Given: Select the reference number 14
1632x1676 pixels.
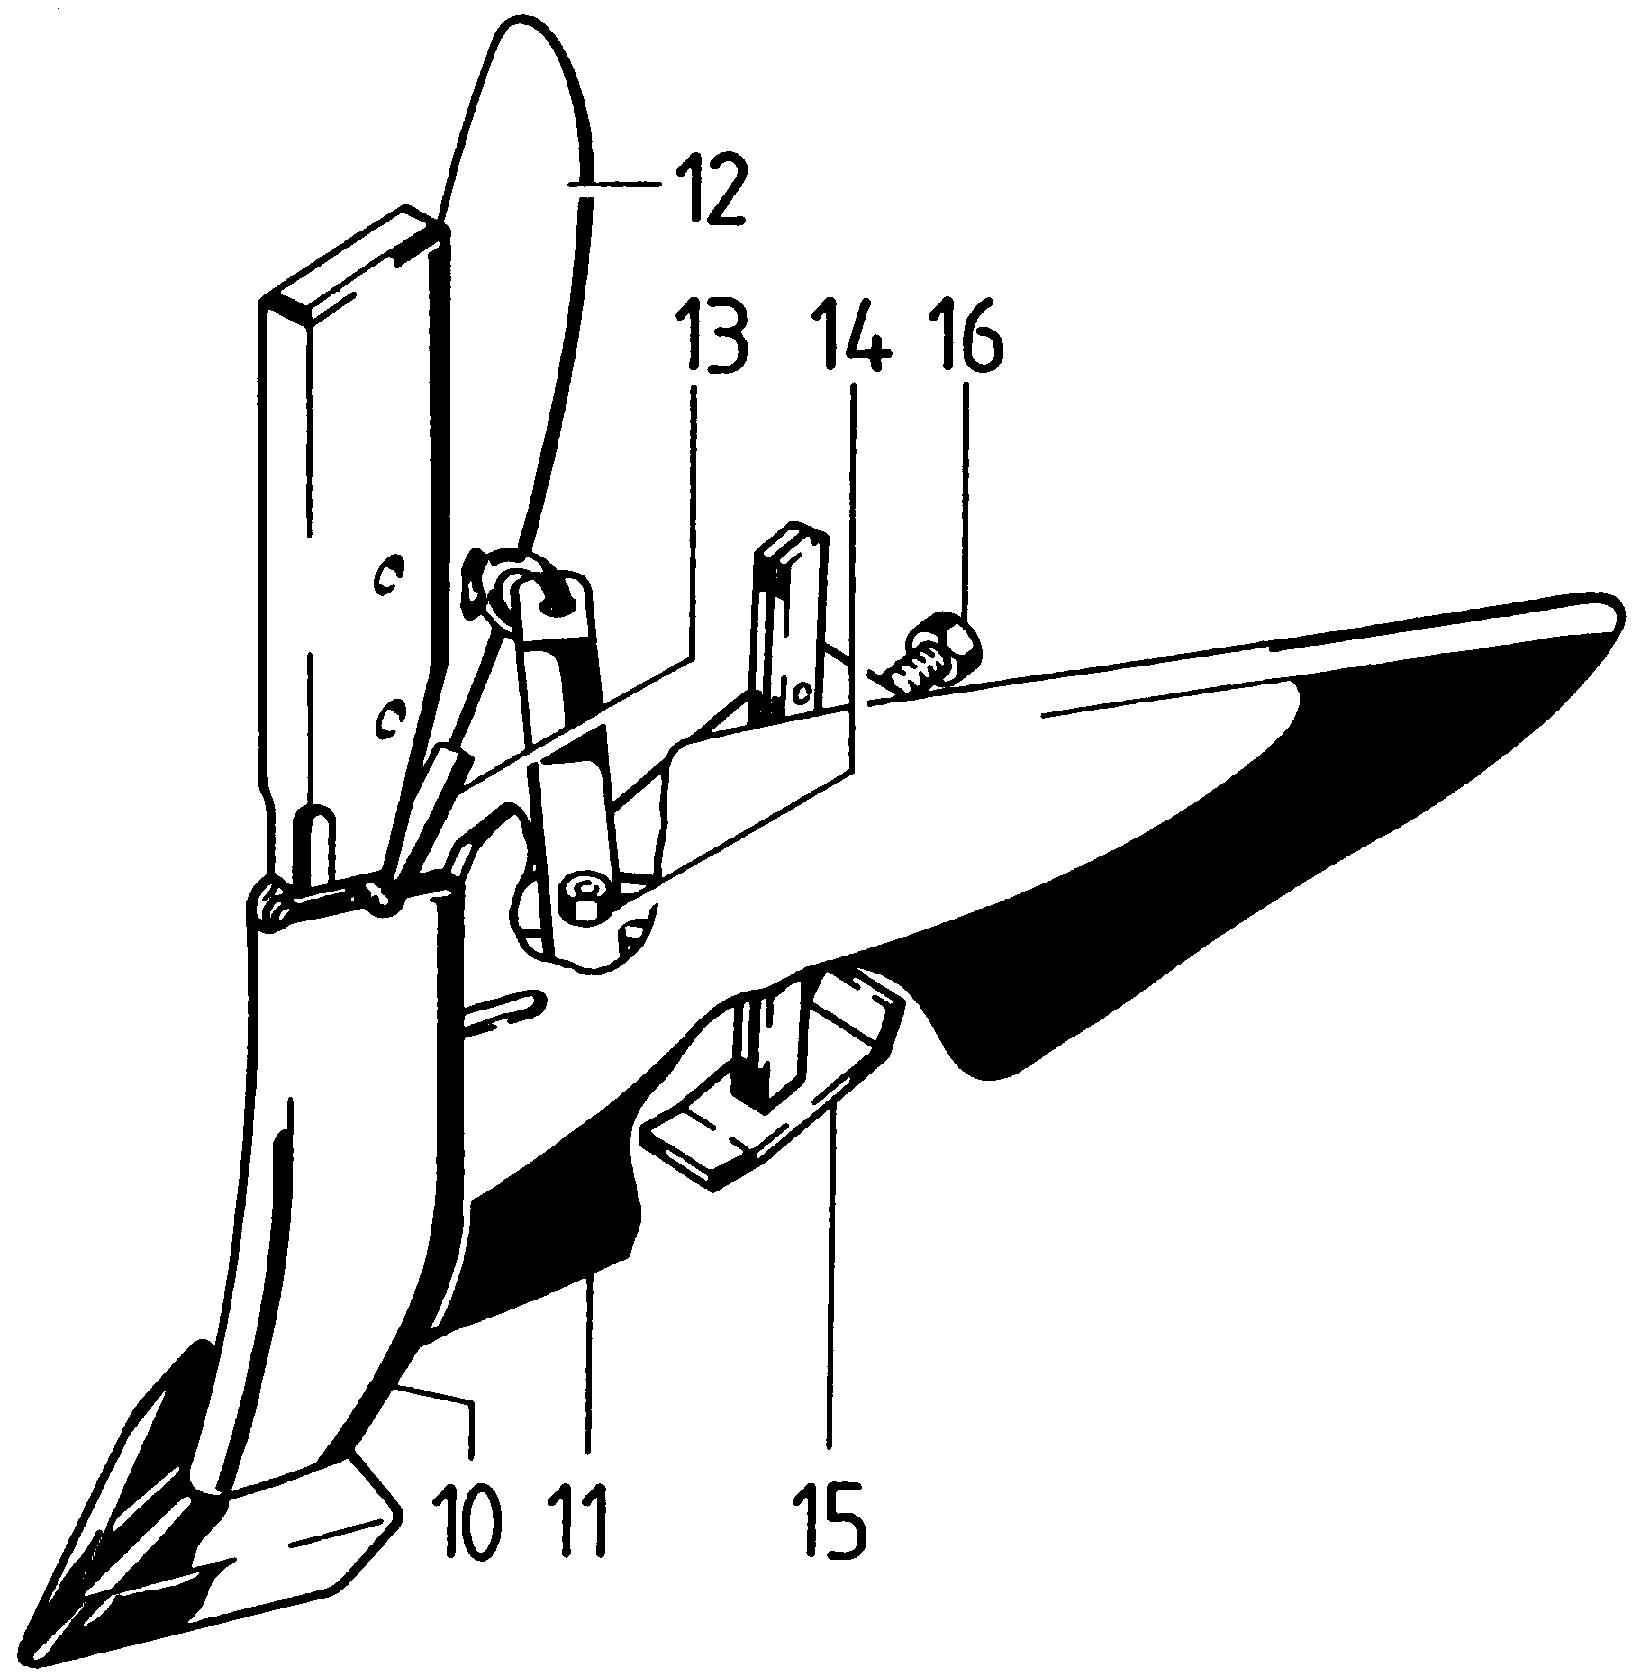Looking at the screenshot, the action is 851,340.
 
